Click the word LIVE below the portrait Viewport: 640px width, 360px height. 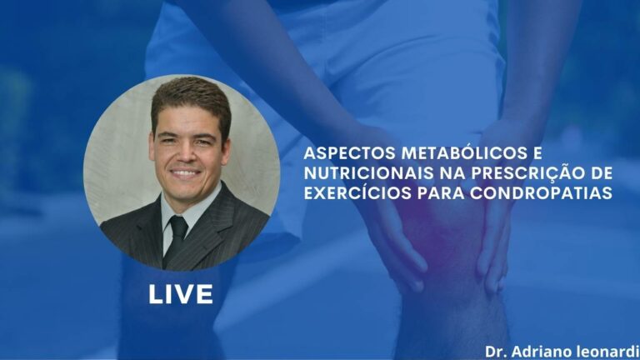pos(181,294)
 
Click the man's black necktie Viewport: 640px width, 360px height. pos(177,237)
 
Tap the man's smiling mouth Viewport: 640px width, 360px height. pos(185,173)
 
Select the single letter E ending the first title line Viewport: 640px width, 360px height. pos(524,156)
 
